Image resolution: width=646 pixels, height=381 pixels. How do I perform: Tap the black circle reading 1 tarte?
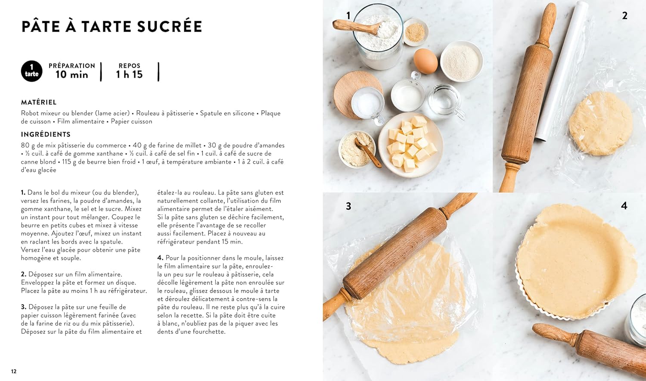[x=32, y=71]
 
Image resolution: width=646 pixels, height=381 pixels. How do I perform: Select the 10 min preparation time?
[x=72, y=74]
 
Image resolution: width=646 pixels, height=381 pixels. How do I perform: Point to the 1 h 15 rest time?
[x=129, y=74]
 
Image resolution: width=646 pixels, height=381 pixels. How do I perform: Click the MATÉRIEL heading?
[x=39, y=102]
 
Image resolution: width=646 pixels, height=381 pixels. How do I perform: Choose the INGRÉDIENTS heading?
[x=46, y=134]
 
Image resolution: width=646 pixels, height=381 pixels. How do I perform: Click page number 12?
[x=14, y=371]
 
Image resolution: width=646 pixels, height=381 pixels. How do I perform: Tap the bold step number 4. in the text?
[x=160, y=258]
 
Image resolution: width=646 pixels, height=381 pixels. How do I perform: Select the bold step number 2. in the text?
[x=24, y=274]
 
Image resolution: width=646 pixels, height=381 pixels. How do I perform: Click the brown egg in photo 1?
[x=425, y=61]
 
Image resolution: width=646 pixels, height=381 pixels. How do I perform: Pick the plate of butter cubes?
[x=411, y=145]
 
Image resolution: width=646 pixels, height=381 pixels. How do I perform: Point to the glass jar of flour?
[x=378, y=37]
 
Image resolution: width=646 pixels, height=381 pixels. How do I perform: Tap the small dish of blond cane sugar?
[x=415, y=32]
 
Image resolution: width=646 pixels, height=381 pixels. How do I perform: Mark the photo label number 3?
[x=348, y=206]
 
